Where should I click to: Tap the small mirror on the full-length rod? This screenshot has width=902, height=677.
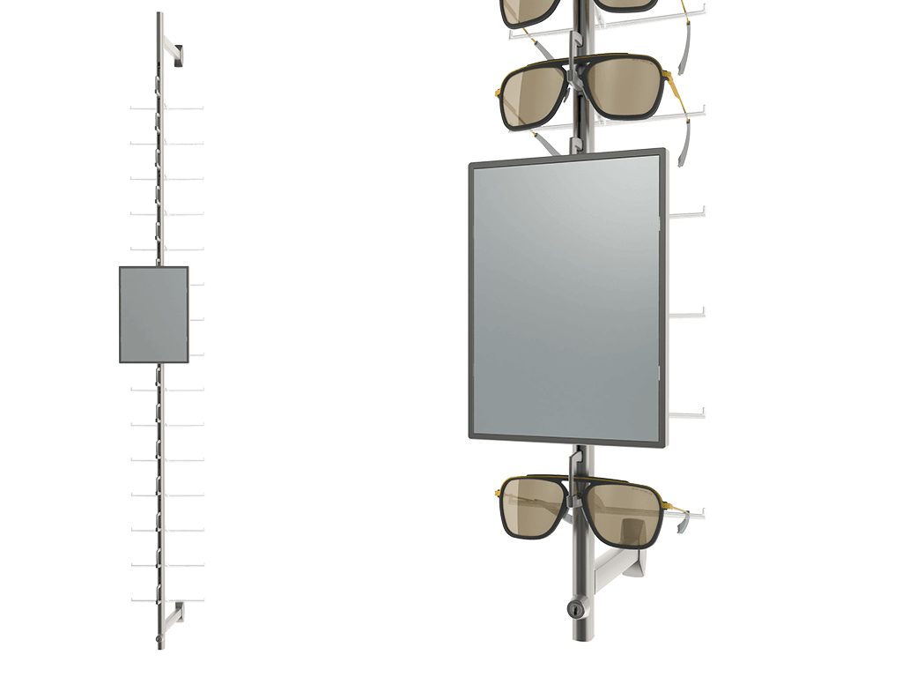point(154,315)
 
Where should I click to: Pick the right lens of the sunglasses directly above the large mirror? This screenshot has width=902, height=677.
point(624,86)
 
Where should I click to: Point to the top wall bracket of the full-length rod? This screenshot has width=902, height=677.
point(175,54)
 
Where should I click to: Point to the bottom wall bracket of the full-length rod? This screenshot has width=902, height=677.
point(175,611)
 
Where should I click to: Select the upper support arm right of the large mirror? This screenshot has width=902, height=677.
point(690,212)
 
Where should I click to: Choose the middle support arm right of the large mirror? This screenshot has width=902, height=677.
point(690,313)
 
